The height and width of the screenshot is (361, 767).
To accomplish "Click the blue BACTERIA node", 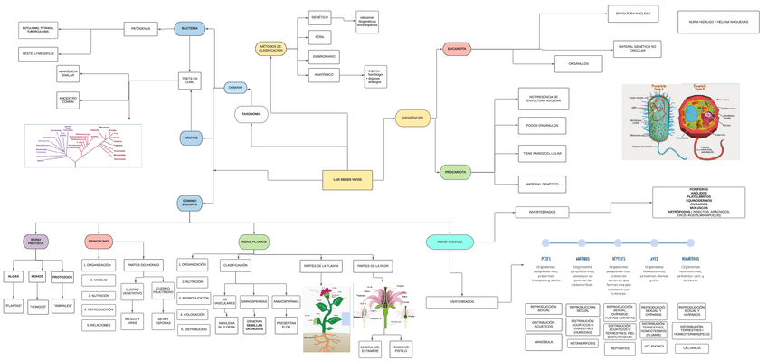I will pyautogui.click(x=189, y=29).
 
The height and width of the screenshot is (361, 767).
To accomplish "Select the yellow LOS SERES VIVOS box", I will pyautogui.click(x=347, y=180).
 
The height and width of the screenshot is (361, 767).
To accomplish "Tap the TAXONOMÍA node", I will pyautogui.click(x=251, y=114).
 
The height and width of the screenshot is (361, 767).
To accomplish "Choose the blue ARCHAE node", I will pyautogui.click(x=191, y=138).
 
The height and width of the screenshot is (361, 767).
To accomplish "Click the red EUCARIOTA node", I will pyautogui.click(x=457, y=49).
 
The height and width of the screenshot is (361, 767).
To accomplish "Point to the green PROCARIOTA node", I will pyautogui.click(x=456, y=172).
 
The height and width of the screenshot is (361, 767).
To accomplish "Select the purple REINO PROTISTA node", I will pyautogui.click(x=35, y=242).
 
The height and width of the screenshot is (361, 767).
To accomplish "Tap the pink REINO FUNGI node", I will pyautogui.click(x=99, y=242).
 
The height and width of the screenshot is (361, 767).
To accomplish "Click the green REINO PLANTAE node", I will pyautogui.click(x=254, y=242).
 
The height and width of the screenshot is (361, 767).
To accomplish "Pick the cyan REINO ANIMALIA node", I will pyautogui.click(x=450, y=242).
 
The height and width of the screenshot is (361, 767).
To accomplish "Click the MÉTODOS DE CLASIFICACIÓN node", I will pyautogui.click(x=271, y=49).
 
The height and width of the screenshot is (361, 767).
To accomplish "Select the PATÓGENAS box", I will pyautogui.click(x=140, y=29).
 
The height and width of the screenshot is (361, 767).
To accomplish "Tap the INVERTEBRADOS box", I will pyautogui.click(x=542, y=213).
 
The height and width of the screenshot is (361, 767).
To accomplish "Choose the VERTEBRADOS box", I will pyautogui.click(x=462, y=302).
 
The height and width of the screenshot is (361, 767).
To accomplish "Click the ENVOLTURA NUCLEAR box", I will pyautogui.click(x=632, y=14).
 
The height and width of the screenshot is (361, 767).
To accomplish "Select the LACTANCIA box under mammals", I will pyautogui.click(x=691, y=348).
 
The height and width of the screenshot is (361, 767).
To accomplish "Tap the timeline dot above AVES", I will pyautogui.click(x=654, y=243).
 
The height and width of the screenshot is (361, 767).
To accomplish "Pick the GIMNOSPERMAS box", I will pyautogui.click(x=254, y=302).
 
